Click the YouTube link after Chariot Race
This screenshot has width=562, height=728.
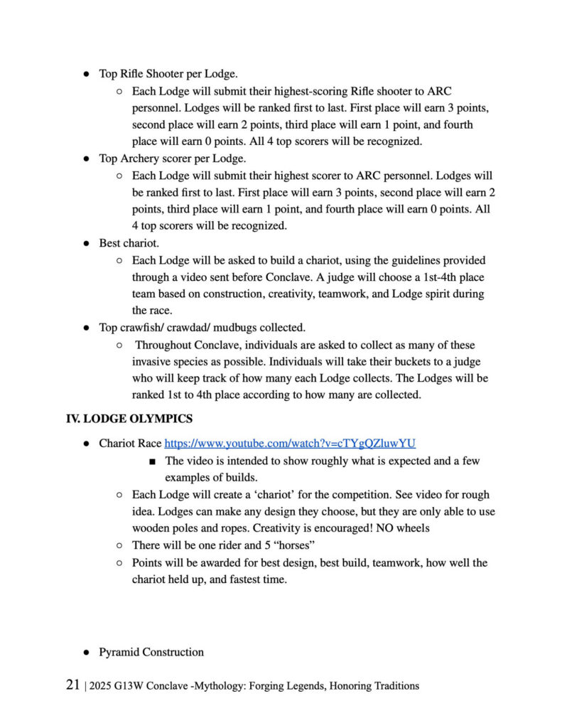tap(290, 443)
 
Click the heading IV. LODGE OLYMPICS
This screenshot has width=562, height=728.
tap(129, 419)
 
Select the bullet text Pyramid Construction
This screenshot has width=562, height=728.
tap(151, 652)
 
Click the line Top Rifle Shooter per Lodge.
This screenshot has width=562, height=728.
tap(168, 73)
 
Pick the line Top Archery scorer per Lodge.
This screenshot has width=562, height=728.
tap(173, 159)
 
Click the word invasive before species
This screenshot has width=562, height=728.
tap(153, 362)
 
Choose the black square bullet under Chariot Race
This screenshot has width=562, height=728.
tap(153, 461)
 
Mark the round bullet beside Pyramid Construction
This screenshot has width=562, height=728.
tap(85, 652)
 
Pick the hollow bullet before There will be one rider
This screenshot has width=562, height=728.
tap(119, 545)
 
